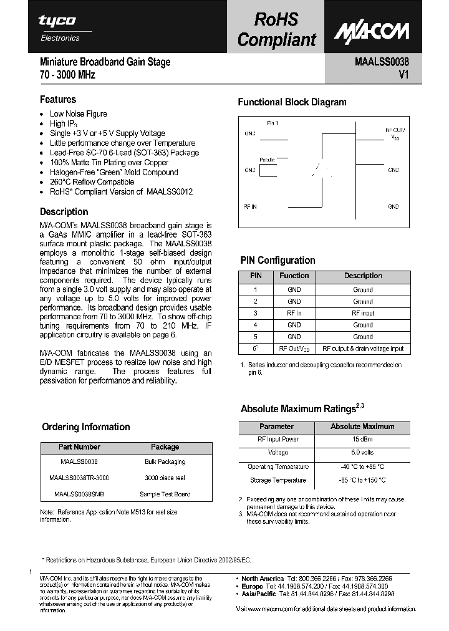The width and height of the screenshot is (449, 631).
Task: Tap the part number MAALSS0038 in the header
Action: (382, 62)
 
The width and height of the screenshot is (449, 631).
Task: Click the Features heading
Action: (58, 100)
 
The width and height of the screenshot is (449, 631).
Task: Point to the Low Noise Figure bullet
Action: (79, 114)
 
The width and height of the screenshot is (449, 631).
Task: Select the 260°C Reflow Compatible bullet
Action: (92, 182)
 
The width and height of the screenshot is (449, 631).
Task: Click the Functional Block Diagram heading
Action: (292, 102)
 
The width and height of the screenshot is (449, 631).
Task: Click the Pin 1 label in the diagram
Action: (273, 123)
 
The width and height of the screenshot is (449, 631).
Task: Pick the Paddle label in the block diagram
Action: (267, 160)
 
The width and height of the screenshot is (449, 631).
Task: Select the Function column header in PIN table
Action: (294, 276)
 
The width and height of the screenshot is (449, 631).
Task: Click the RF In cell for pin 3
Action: (294, 314)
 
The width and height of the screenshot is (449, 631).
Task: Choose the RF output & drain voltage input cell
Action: (363, 349)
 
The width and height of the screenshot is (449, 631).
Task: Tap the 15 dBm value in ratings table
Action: (362, 440)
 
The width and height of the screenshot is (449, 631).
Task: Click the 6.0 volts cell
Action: (362, 453)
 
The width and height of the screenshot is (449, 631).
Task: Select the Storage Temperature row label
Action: (278, 480)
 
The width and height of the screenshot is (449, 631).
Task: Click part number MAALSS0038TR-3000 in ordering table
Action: (79, 478)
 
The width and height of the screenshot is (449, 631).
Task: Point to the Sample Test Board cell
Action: (165, 494)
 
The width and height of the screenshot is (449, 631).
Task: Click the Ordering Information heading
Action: (85, 427)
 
